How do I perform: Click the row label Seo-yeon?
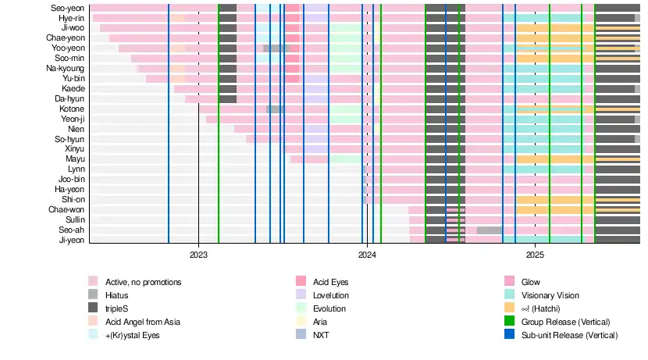pos(69,8)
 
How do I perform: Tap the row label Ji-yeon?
pos(72,240)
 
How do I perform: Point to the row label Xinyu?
pos(75,148)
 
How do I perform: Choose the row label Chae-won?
pos(66,209)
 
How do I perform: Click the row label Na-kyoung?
pos(66,68)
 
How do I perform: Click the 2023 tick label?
pos(198,255)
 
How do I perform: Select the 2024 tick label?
pos(367,255)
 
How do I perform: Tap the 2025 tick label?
pos(535,255)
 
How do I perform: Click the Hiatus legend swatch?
pos(93,295)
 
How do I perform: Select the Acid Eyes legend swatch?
pos(301,282)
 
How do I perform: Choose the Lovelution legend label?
pos(331,295)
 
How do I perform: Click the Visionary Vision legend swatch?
pos(509,295)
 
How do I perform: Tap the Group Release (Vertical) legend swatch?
pos(509,322)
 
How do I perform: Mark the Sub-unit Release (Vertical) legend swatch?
pos(509,335)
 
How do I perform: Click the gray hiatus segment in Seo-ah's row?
pos(490,230)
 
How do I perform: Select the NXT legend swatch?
pos(301,335)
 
